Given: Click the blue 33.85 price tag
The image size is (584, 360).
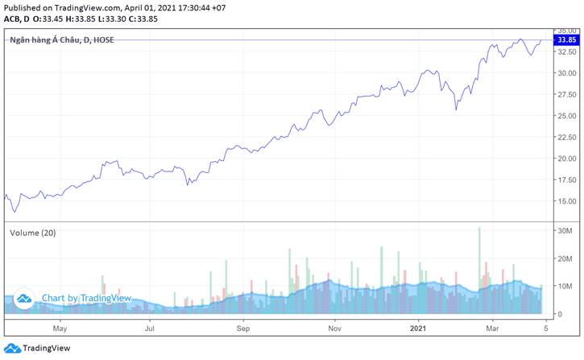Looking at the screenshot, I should [565, 39].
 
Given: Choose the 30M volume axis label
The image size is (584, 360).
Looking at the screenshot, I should [563, 230].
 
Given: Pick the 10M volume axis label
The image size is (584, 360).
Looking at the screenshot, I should [563, 286].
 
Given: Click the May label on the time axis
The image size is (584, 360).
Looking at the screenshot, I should [59, 329].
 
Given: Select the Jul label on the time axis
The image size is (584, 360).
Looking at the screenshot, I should [150, 329].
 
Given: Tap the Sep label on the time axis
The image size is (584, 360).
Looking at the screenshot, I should [244, 329].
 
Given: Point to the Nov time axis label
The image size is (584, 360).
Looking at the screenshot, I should [336, 329].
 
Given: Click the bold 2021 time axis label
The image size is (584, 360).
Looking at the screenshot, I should [418, 329].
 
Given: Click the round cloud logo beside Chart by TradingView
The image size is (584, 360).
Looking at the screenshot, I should [25, 298].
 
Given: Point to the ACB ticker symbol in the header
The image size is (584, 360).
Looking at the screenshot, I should [13, 18].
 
